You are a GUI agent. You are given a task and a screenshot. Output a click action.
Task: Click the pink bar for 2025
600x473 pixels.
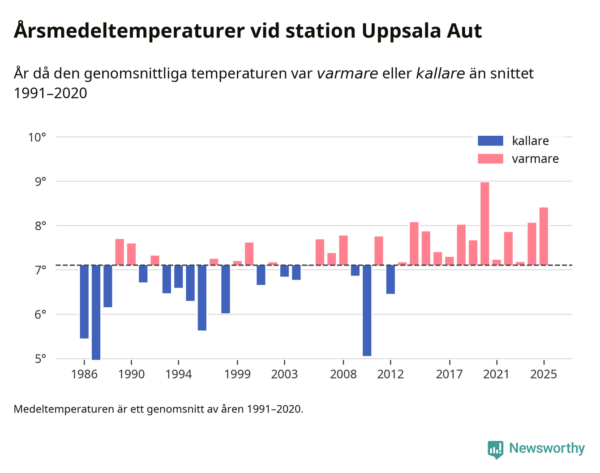click(544, 236)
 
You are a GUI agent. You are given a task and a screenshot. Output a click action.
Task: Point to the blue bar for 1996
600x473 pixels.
click(202, 297)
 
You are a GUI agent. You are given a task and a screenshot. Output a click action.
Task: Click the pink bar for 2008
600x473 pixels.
click(343, 250)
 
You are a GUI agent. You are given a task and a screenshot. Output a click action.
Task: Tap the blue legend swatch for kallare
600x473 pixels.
click(490, 141)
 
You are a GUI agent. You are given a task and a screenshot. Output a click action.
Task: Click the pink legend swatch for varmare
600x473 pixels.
click(490, 159)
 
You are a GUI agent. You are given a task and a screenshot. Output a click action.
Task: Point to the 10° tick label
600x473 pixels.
click(37, 137)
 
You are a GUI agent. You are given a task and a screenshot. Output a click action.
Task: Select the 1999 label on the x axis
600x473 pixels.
click(237, 374)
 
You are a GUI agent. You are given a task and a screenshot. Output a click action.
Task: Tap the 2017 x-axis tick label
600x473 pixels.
click(449, 374)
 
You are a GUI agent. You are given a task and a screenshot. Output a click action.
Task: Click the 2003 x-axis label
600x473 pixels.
click(284, 374)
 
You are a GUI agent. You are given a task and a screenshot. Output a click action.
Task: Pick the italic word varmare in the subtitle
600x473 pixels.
click(347, 73)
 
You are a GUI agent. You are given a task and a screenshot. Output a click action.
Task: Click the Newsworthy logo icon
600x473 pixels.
click(495, 449)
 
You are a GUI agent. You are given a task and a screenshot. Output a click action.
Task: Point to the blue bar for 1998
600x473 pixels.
click(226, 289)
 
